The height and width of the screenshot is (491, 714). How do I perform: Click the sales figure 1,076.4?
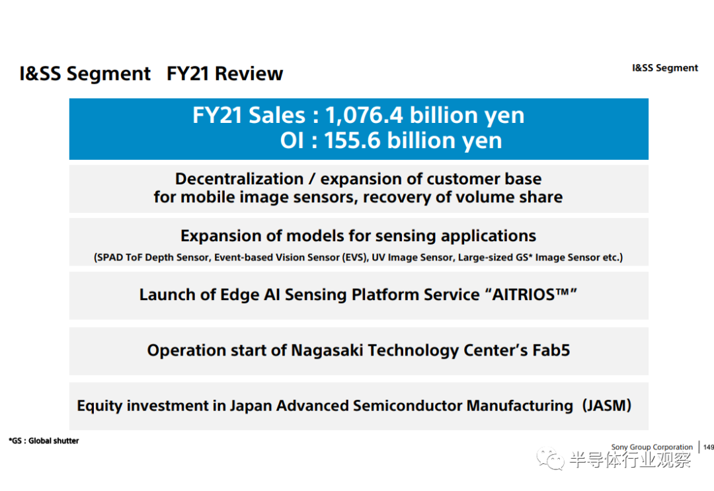[364, 115]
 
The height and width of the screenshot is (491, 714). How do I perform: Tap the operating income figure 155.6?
[352, 140]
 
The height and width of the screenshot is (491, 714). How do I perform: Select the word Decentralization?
[239, 179]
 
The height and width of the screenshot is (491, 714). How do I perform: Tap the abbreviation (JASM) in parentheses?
[606, 405]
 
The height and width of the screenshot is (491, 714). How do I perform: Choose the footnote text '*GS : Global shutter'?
[44, 441]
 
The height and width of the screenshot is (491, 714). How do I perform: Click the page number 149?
[709, 447]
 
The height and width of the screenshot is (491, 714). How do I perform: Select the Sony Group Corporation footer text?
[652, 447]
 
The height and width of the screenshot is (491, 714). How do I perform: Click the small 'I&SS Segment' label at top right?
[665, 68]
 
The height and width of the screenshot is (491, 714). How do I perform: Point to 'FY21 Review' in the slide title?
[225, 73]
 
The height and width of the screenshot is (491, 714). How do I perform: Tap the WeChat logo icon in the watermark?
[550, 459]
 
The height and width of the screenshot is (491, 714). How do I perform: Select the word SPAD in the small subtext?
[110, 258]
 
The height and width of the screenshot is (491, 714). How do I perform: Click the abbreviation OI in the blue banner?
[292, 140]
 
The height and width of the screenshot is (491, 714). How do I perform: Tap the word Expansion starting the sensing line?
[221, 236]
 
